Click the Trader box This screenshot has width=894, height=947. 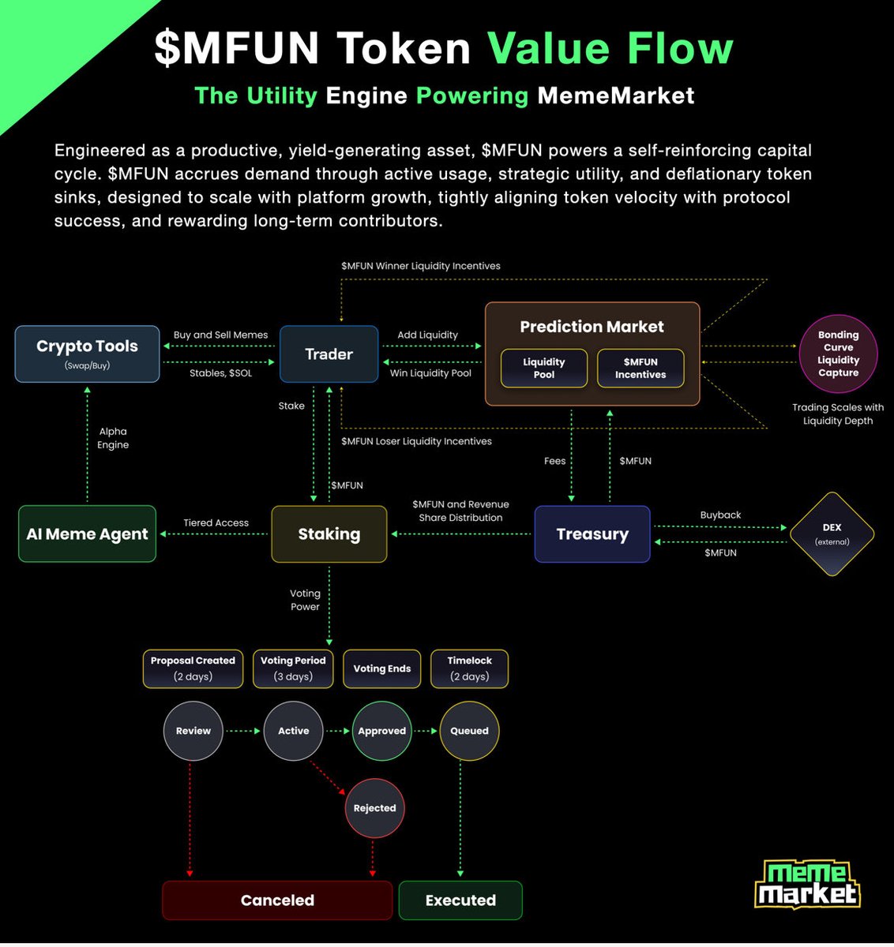coord(329,354)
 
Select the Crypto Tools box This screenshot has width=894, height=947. coord(87,354)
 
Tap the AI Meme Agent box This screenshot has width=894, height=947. coord(87,534)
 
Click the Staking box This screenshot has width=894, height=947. coord(329,534)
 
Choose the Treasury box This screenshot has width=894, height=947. coord(592,534)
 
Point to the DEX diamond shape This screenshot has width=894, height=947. coord(832,534)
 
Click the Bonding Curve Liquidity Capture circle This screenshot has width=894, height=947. coord(838,354)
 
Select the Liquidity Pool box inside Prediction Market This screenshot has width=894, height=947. coord(544,369)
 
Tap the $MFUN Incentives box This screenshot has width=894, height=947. coord(640,369)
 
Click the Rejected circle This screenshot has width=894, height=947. coord(374,808)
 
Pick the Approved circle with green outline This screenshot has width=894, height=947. coord(381,731)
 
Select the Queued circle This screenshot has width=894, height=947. coord(469,731)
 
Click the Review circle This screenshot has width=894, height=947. coord(193,731)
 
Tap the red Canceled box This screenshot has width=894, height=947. coord(277,900)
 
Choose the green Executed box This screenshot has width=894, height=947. coord(460,900)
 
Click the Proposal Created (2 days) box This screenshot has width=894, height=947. coord(193,668)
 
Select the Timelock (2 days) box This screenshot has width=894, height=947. coord(469,668)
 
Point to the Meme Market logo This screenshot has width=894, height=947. coord(806,885)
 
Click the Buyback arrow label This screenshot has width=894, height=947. coord(720,515)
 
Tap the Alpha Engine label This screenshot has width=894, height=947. coord(113,438)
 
